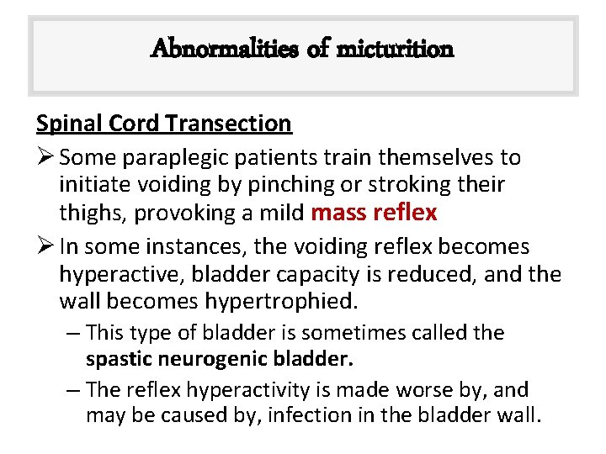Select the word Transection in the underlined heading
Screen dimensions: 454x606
(229, 124)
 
